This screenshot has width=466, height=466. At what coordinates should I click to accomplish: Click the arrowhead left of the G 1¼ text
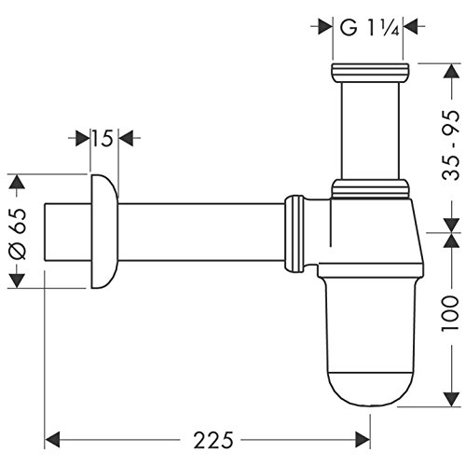click(329, 28)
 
